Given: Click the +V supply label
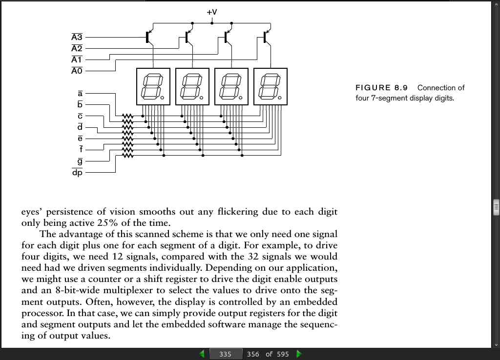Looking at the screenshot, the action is (212, 12).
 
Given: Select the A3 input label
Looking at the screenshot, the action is (77, 37).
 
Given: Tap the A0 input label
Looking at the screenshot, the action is (77, 70).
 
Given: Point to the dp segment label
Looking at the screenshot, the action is (77, 172).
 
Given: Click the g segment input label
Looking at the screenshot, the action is (80, 161).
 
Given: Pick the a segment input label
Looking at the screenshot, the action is (80, 93).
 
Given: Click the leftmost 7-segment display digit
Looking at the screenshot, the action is (153, 86).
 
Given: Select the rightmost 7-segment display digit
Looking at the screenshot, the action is (271, 86).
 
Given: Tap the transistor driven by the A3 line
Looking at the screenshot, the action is (149, 37).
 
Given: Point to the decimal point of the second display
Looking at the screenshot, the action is (202, 98).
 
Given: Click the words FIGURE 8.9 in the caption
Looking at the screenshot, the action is (381, 88).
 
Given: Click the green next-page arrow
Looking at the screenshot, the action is (299, 354).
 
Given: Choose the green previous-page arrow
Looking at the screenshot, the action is (202, 354).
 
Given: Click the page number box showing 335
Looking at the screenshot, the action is (226, 354).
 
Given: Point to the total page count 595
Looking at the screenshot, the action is (283, 354).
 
